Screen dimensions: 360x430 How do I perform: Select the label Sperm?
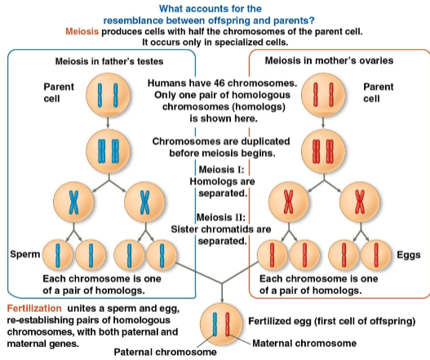click(x=22, y=255)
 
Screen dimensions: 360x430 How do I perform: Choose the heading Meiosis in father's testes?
click(x=103, y=60)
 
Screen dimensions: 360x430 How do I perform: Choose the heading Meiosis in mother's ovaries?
click(x=325, y=60)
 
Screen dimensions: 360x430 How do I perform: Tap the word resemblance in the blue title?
click(x=174, y=19)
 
